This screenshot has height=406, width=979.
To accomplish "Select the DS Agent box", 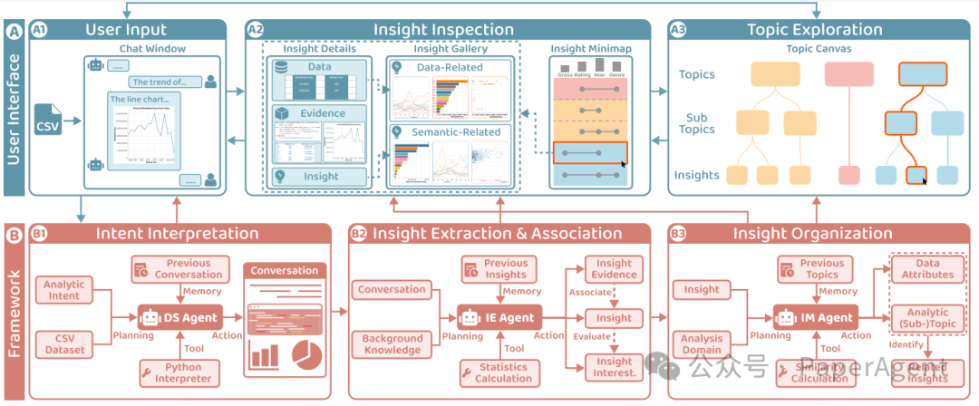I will pyautogui.click(x=179, y=318).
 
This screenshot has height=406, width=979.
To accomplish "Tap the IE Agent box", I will pyautogui.click(x=498, y=318).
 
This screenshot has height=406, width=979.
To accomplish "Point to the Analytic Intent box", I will pyautogui.click(x=63, y=290).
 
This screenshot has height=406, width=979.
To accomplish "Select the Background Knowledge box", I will pyautogui.click(x=392, y=343).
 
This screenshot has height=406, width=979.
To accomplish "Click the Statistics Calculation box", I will pyautogui.click(x=497, y=372).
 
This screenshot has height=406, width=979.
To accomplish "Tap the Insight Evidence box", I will pyautogui.click(x=614, y=268).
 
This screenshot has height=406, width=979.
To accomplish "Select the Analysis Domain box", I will pyautogui.click(x=701, y=343).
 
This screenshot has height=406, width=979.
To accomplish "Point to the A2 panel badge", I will pyautogui.click(x=256, y=30).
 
